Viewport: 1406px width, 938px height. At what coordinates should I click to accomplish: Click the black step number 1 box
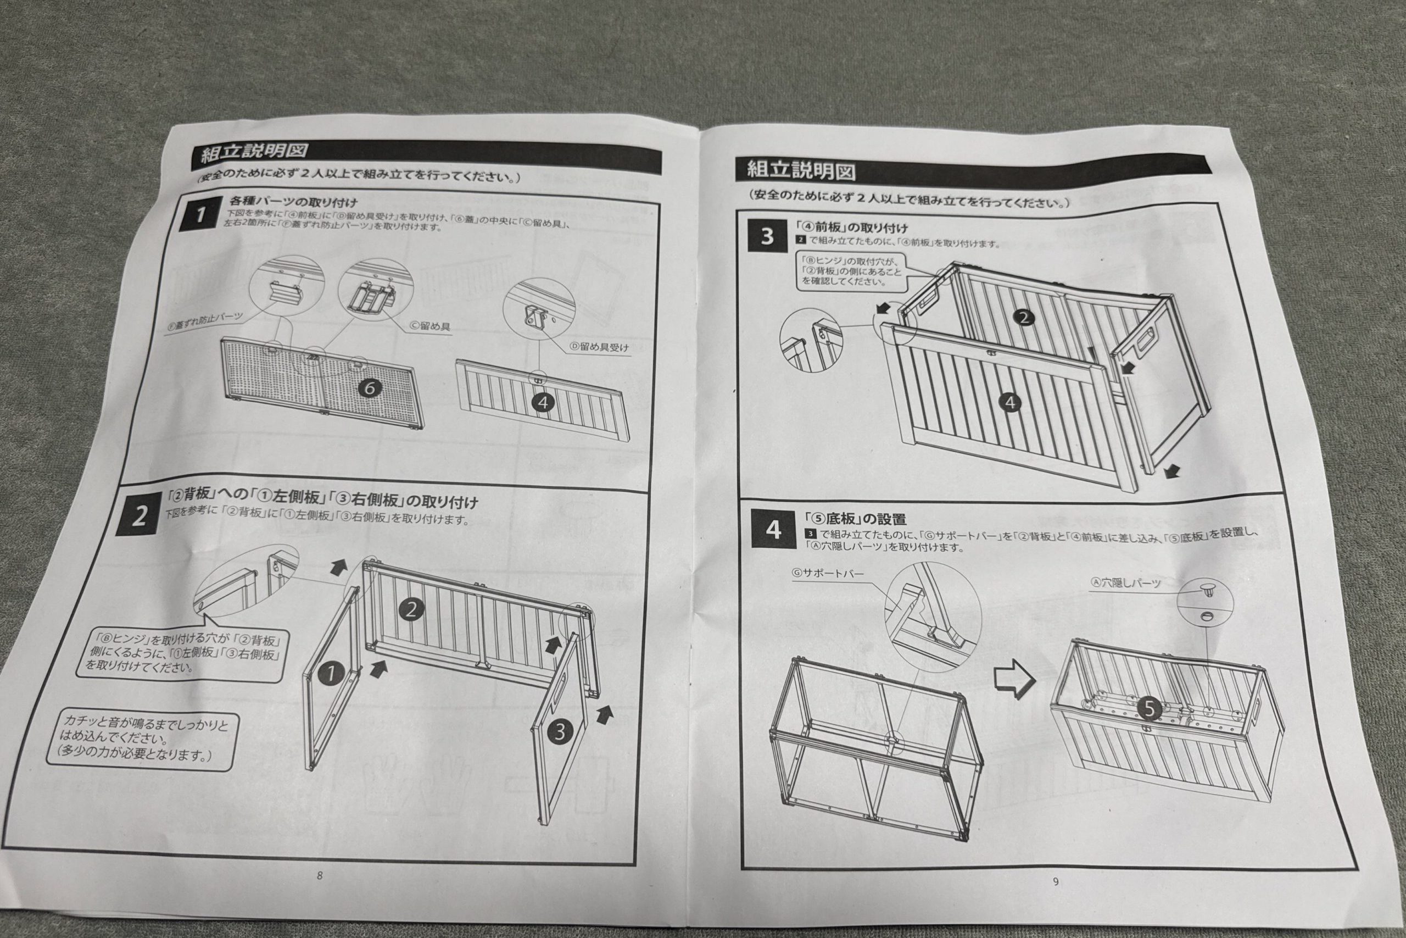click(x=200, y=214)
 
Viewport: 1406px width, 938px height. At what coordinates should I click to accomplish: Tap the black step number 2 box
click(x=139, y=515)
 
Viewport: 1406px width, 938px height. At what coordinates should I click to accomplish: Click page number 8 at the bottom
click(x=320, y=875)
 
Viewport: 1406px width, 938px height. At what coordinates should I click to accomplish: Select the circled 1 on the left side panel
click(x=331, y=675)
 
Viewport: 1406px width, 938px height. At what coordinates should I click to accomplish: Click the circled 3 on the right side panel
click(x=559, y=731)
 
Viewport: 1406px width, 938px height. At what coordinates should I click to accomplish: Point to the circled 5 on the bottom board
click(x=1148, y=708)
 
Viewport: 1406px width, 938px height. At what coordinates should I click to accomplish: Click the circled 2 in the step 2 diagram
click(x=411, y=609)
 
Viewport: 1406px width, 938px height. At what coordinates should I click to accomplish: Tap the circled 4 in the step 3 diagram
click(x=1009, y=403)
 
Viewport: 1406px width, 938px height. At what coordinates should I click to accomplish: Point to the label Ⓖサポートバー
click(x=827, y=573)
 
